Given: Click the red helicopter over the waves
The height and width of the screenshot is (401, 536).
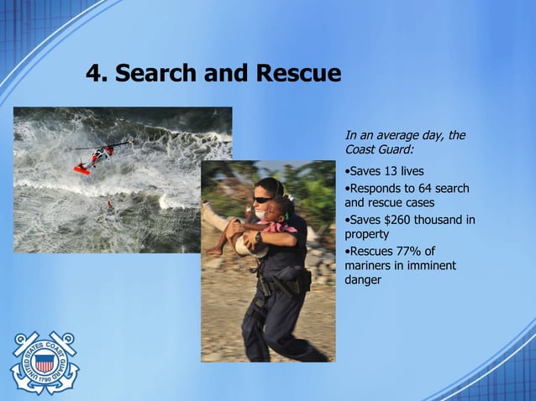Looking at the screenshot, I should (x=95, y=157).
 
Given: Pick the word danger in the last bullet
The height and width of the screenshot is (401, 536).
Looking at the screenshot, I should (x=363, y=280).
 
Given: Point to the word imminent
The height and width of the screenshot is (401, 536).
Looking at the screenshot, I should (x=428, y=266).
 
